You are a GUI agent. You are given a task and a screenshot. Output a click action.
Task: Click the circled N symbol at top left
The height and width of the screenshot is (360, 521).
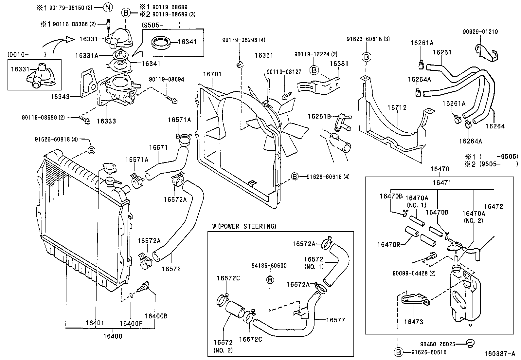tap(108, 7)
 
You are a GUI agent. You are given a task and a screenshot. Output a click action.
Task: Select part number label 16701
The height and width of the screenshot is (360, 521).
tap(212, 74)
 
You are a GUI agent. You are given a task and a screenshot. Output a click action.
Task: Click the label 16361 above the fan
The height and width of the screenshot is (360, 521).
tap(264, 56)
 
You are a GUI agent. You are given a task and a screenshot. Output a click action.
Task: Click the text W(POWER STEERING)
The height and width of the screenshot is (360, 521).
tap(244, 226)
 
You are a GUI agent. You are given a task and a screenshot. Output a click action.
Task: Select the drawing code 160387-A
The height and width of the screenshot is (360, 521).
tap(500, 354)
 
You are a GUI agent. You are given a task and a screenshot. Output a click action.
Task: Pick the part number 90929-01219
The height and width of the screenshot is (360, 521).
tap(480, 32)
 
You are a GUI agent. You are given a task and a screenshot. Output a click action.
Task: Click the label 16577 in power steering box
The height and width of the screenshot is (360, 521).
tap(335, 320)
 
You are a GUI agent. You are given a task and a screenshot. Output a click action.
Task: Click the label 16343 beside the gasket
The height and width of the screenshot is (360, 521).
tap(60, 97)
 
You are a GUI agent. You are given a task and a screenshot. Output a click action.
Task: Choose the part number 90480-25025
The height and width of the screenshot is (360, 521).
tap(438, 344)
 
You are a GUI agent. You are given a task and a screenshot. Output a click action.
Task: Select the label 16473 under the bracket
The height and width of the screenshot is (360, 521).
tap(413, 322)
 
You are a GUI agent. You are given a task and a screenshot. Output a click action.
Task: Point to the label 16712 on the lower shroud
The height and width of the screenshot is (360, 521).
tap(397, 107)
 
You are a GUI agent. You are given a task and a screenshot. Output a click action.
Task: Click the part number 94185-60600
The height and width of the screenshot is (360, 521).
tap(269, 265)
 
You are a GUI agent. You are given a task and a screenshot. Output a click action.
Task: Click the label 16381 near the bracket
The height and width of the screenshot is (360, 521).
tap(339, 64)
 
